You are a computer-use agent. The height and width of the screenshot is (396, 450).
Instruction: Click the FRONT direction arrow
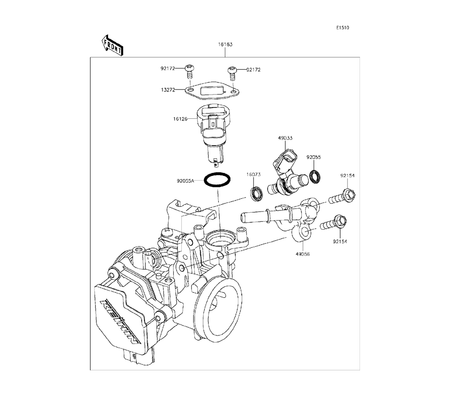click(x=112, y=45)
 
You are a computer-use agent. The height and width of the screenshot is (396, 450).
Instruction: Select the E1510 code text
click(x=342, y=28)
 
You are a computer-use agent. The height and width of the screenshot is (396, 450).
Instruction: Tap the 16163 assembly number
click(x=225, y=45)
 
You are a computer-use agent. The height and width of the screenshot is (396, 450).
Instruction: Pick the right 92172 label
click(x=253, y=70)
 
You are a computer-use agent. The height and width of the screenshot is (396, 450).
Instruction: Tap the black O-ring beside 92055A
click(x=218, y=180)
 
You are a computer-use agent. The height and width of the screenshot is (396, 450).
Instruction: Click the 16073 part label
click(x=253, y=175)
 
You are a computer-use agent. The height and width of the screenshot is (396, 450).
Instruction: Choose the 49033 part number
click(x=284, y=138)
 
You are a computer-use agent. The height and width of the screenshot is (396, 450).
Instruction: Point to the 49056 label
click(x=303, y=254)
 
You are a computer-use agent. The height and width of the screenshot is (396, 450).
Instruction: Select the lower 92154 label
click(x=341, y=242)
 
